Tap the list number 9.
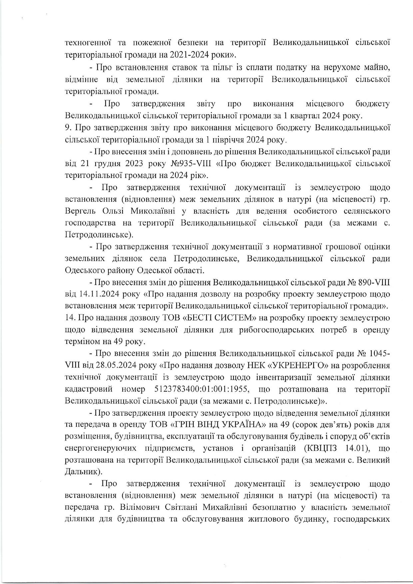(x=67, y=127)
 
